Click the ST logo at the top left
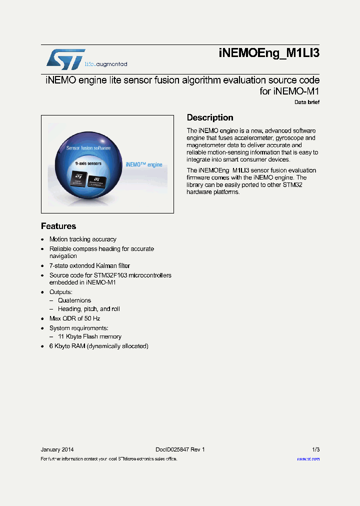click(x=65, y=58)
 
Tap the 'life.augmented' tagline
click(x=105, y=64)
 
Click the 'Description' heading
click(x=210, y=117)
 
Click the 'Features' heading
click(x=58, y=226)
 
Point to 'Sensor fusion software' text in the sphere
click(x=88, y=148)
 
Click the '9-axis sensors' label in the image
click(x=88, y=163)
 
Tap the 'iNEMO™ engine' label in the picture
click(x=143, y=164)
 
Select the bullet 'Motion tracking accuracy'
click(x=82, y=239)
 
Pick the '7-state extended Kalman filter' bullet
click(x=89, y=266)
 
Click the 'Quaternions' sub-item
click(x=74, y=300)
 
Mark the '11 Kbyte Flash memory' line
click(x=89, y=337)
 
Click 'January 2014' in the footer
click(x=57, y=449)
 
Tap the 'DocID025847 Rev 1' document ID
click(x=180, y=449)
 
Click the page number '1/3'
click(x=315, y=449)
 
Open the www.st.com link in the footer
click(x=308, y=459)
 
